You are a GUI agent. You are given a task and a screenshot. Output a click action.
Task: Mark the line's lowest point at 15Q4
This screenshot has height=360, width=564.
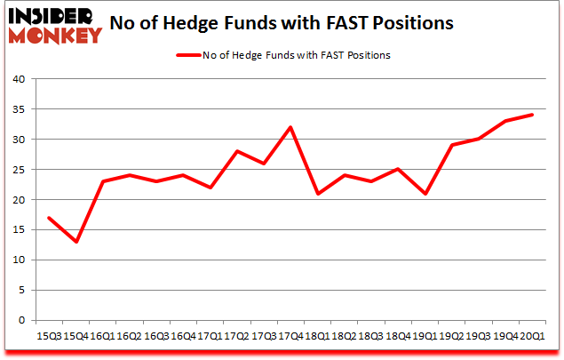pos(76,242)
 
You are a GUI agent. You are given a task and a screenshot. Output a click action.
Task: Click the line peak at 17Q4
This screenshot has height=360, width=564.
pos(290,127)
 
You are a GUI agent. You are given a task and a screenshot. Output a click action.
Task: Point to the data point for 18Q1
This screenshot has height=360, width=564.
pos(317,194)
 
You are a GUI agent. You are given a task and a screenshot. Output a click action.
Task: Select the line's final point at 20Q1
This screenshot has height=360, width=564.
pos(531,115)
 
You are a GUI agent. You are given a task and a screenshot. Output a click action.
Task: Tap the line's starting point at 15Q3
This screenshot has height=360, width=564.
pos(50,218)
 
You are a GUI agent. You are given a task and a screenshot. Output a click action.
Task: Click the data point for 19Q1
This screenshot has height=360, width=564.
pos(425,194)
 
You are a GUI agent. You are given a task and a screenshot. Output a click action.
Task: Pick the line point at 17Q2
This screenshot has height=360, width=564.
pos(237,151)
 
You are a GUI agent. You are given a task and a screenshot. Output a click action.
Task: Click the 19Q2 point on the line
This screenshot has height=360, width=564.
pos(451,145)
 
